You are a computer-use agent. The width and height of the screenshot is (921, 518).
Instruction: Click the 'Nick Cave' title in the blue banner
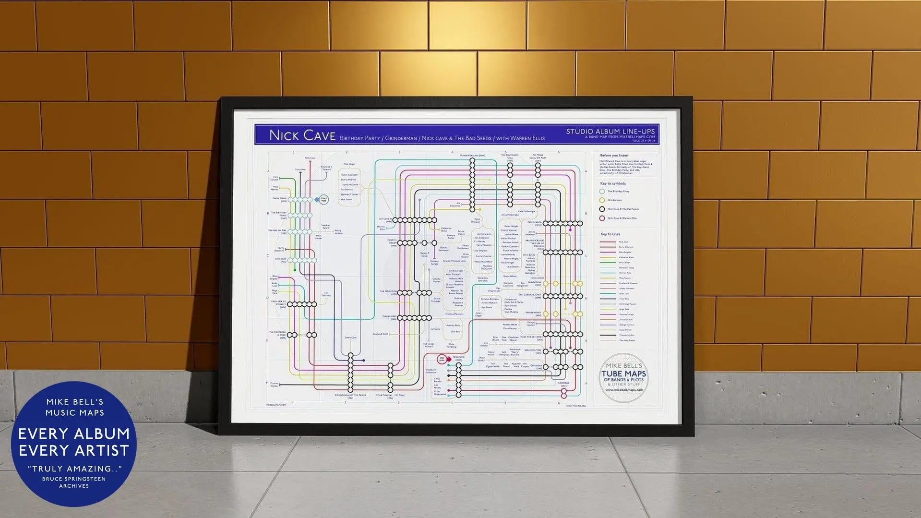[x=302, y=135]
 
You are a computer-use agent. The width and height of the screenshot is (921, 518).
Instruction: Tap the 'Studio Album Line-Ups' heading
[x=610, y=131]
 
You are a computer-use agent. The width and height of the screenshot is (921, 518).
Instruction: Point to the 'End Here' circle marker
[x=442, y=359]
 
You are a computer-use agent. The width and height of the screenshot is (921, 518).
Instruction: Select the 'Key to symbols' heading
[x=613, y=183]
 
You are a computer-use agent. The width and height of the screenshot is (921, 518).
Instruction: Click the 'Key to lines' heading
[x=610, y=234]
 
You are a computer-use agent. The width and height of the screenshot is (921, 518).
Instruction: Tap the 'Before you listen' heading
[x=614, y=156]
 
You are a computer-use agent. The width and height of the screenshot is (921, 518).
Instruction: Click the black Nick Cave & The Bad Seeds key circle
[x=602, y=209]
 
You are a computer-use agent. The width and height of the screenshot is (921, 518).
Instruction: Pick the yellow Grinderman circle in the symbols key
[x=602, y=200]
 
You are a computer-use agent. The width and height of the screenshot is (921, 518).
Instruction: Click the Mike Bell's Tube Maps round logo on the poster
[x=623, y=378]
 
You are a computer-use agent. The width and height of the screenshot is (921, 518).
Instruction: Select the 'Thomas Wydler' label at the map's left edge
[x=274, y=385]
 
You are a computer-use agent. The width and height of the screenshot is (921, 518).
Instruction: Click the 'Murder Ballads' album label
[x=472, y=156]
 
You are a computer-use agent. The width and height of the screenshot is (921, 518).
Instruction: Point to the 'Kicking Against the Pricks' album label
[x=350, y=396]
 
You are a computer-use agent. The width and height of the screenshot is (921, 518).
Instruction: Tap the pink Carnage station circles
[x=564, y=393]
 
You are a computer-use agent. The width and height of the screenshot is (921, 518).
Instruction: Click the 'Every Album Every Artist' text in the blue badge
[x=74, y=442]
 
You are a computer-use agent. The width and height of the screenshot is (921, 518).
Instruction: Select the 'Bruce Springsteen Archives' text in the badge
[x=74, y=482]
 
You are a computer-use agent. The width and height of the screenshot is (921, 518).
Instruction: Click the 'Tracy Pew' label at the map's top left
[x=300, y=169]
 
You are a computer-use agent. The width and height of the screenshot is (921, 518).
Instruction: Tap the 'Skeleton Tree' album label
[x=533, y=350]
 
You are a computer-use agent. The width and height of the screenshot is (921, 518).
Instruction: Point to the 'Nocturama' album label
[x=535, y=223]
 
